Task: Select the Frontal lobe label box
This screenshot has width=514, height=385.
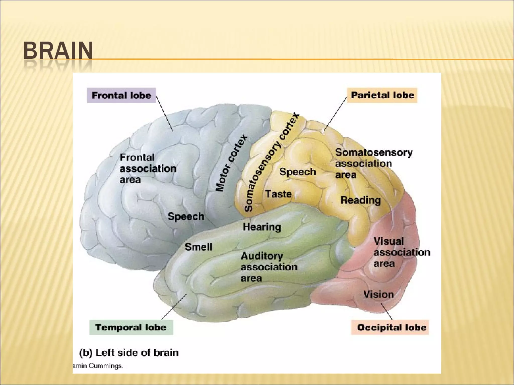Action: click(x=121, y=95)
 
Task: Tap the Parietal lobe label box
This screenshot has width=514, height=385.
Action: click(x=382, y=95)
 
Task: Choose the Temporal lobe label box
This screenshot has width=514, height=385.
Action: click(x=131, y=327)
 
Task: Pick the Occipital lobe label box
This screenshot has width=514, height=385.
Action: click(x=390, y=327)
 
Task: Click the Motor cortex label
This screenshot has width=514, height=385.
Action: click(x=232, y=163)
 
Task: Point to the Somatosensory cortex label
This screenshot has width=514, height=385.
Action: click(x=272, y=162)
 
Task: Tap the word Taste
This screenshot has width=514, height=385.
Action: click(x=279, y=194)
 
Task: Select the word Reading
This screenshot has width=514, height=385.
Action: click(x=360, y=200)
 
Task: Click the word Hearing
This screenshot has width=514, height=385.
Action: click(x=262, y=227)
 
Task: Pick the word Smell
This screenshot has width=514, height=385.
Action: click(x=199, y=247)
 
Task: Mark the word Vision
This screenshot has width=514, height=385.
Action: click(x=378, y=295)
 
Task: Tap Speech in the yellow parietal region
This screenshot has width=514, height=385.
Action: click(x=298, y=172)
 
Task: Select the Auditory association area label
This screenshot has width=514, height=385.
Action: click(x=269, y=267)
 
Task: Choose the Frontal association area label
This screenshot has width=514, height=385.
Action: click(x=148, y=169)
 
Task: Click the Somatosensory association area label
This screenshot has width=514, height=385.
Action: click(x=373, y=163)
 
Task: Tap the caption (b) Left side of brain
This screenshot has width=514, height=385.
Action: click(x=129, y=353)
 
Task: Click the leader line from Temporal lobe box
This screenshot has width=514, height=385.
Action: click(x=174, y=307)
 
